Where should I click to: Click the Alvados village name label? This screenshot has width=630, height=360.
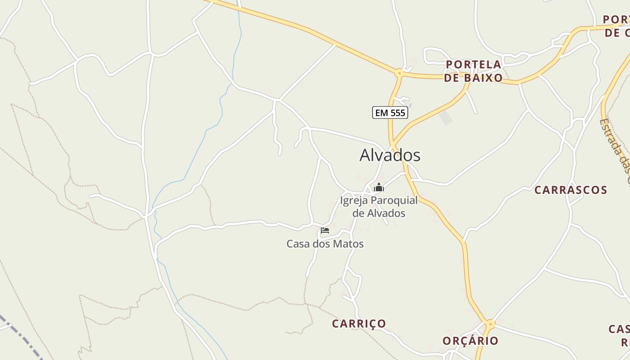pos(390,155)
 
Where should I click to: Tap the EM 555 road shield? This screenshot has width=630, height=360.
pos(390,112)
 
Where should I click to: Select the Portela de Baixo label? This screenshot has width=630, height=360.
pos(473,71)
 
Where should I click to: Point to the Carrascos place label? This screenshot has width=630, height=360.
pos(571,190)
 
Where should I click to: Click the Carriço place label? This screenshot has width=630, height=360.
pos(359,324)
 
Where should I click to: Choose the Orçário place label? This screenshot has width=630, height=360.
pos(470,341)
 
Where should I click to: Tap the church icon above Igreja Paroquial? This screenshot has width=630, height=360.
pos(379,187)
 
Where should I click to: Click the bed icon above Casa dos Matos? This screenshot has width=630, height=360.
pos(324,230)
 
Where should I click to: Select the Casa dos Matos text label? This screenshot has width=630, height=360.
pos(325,244)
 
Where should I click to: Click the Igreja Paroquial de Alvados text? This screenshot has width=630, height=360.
pos(379,207)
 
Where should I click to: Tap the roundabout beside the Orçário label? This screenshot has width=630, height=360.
pos(490,324)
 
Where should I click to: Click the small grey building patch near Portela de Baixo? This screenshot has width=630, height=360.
pos(446,118)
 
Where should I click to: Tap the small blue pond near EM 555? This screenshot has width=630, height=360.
pos(410,105)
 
